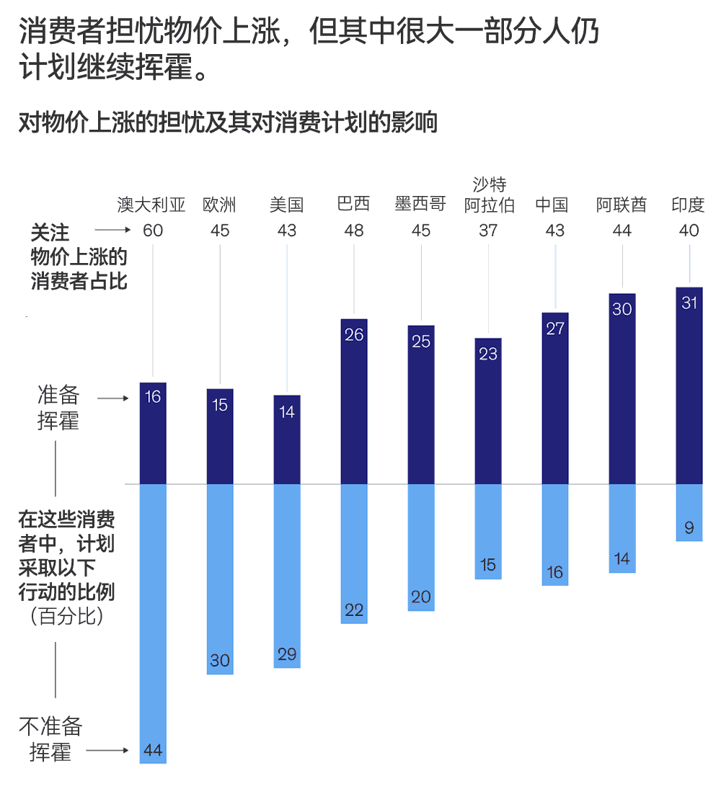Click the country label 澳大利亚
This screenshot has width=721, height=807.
(x=151, y=205)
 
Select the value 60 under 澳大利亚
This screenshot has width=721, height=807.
(x=152, y=231)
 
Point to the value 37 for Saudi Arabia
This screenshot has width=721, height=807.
(x=488, y=231)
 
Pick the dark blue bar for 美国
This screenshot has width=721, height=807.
(x=287, y=440)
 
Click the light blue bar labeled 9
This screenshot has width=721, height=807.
(x=689, y=512)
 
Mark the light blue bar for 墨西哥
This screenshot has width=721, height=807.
(x=421, y=548)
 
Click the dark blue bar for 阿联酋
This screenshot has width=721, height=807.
(x=622, y=389)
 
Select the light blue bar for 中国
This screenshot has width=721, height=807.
(x=555, y=534)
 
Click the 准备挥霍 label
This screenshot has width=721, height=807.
(x=58, y=408)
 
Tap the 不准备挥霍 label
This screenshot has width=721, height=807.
(x=50, y=739)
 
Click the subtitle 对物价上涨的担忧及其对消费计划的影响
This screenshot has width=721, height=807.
(x=228, y=122)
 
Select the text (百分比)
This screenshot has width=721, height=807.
(x=66, y=617)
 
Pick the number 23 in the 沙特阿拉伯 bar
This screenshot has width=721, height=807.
(x=488, y=354)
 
